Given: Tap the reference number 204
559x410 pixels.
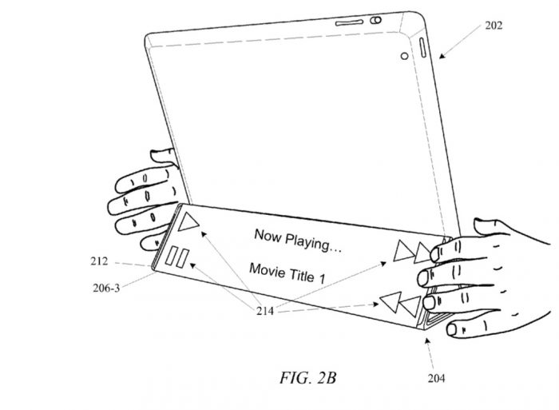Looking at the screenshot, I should (437, 379).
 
